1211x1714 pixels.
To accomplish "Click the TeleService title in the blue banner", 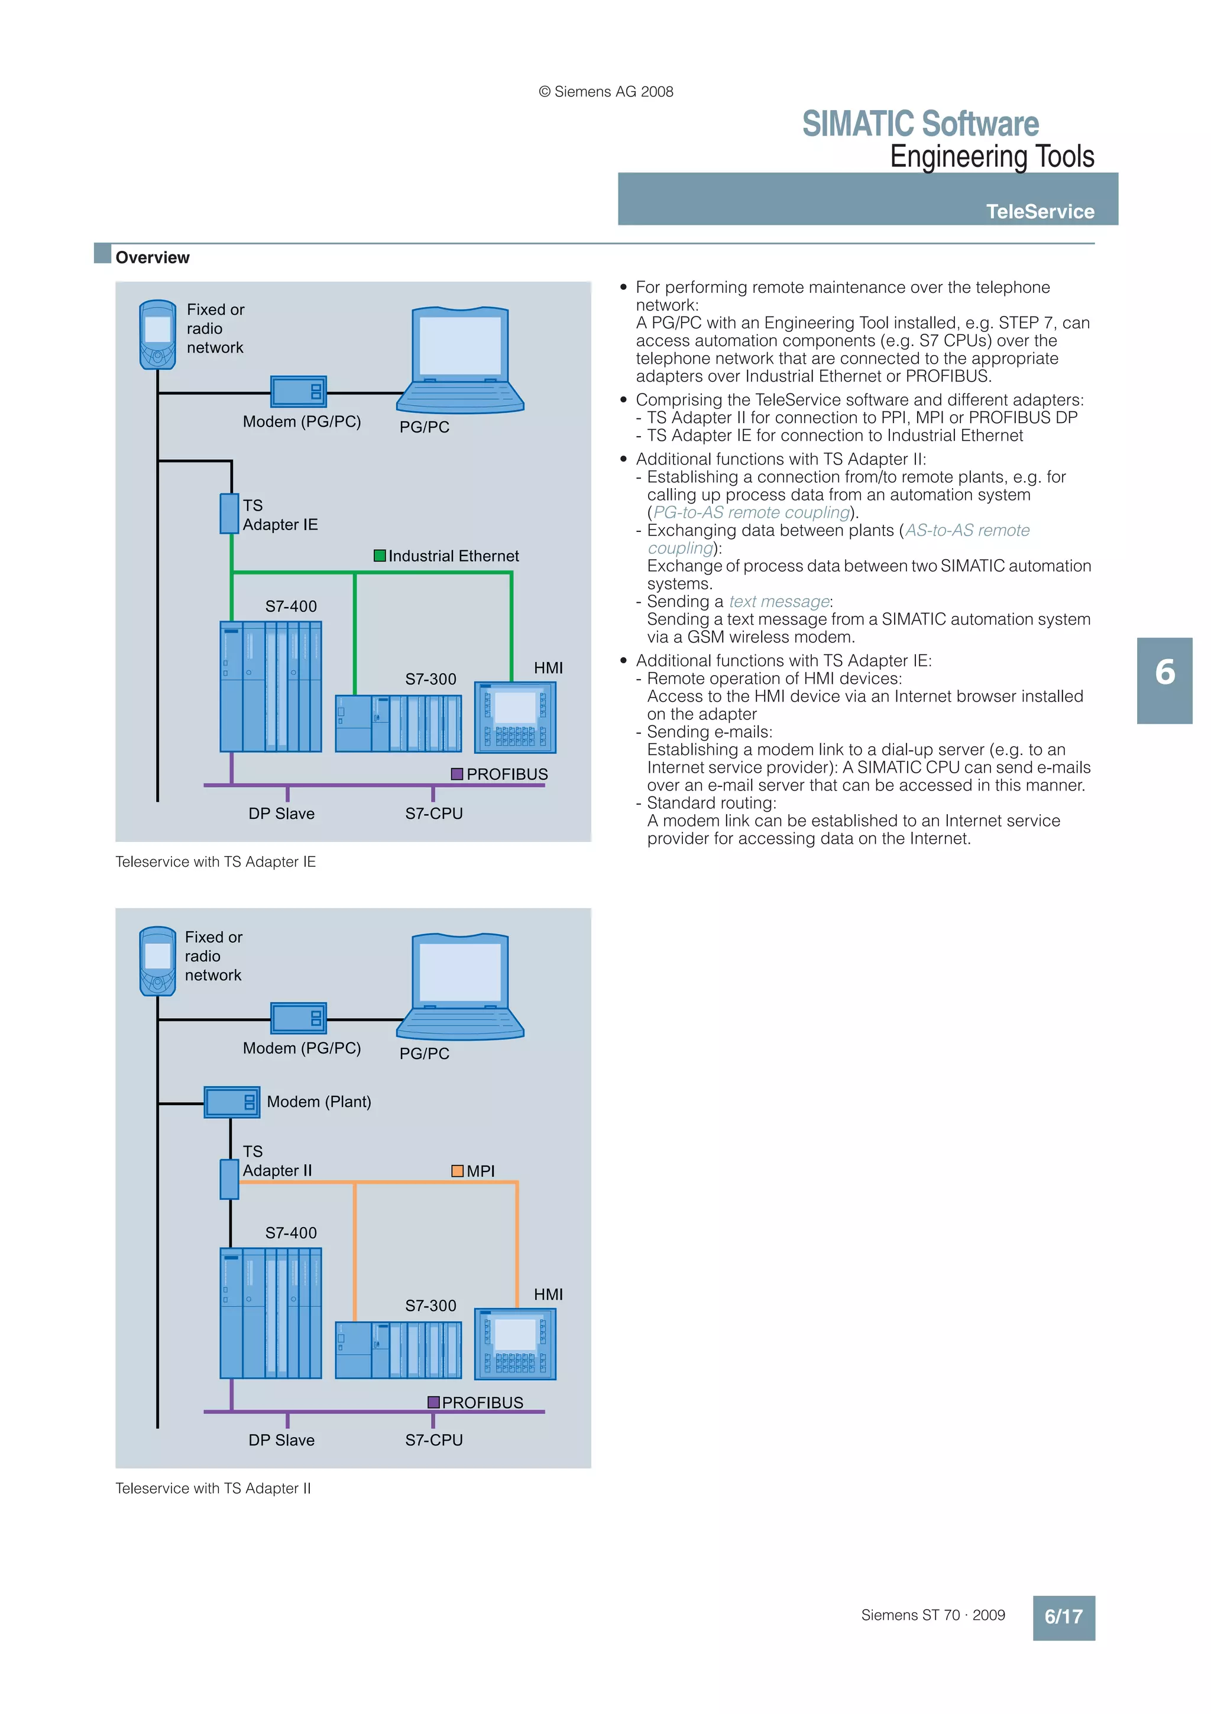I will point(1040,212).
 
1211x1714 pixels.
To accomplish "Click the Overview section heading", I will point(152,257).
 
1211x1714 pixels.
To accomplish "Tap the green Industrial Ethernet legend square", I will point(379,556).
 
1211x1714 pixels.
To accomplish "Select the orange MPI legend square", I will point(458,1170).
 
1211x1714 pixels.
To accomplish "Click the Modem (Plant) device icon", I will point(232,1102).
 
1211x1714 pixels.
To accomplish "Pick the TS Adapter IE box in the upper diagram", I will point(229,514).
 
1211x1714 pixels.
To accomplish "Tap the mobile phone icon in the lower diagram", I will point(157,961).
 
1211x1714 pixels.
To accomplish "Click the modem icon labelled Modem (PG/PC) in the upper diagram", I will point(299,391).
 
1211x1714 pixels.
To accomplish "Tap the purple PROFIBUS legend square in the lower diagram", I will point(433,1402).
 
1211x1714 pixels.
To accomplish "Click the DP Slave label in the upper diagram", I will point(281,814).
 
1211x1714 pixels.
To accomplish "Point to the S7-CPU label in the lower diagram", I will point(433,1440).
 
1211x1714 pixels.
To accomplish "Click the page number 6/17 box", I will point(1063,1617).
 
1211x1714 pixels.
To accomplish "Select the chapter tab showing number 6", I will point(1164,680).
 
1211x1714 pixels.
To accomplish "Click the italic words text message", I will point(779,602).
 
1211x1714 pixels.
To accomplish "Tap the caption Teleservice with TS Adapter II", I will point(213,1489).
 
